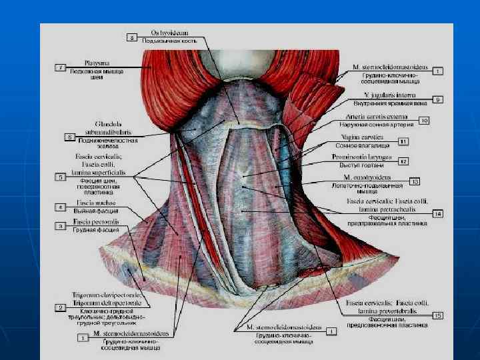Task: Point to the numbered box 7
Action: click(60, 68)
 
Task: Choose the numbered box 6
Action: click(68, 137)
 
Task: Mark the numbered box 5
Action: click(60, 177)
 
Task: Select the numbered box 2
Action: click(60, 307)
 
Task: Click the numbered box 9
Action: click(437, 99)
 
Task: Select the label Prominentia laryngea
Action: click(365, 157)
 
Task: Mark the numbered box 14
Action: click(437, 214)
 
